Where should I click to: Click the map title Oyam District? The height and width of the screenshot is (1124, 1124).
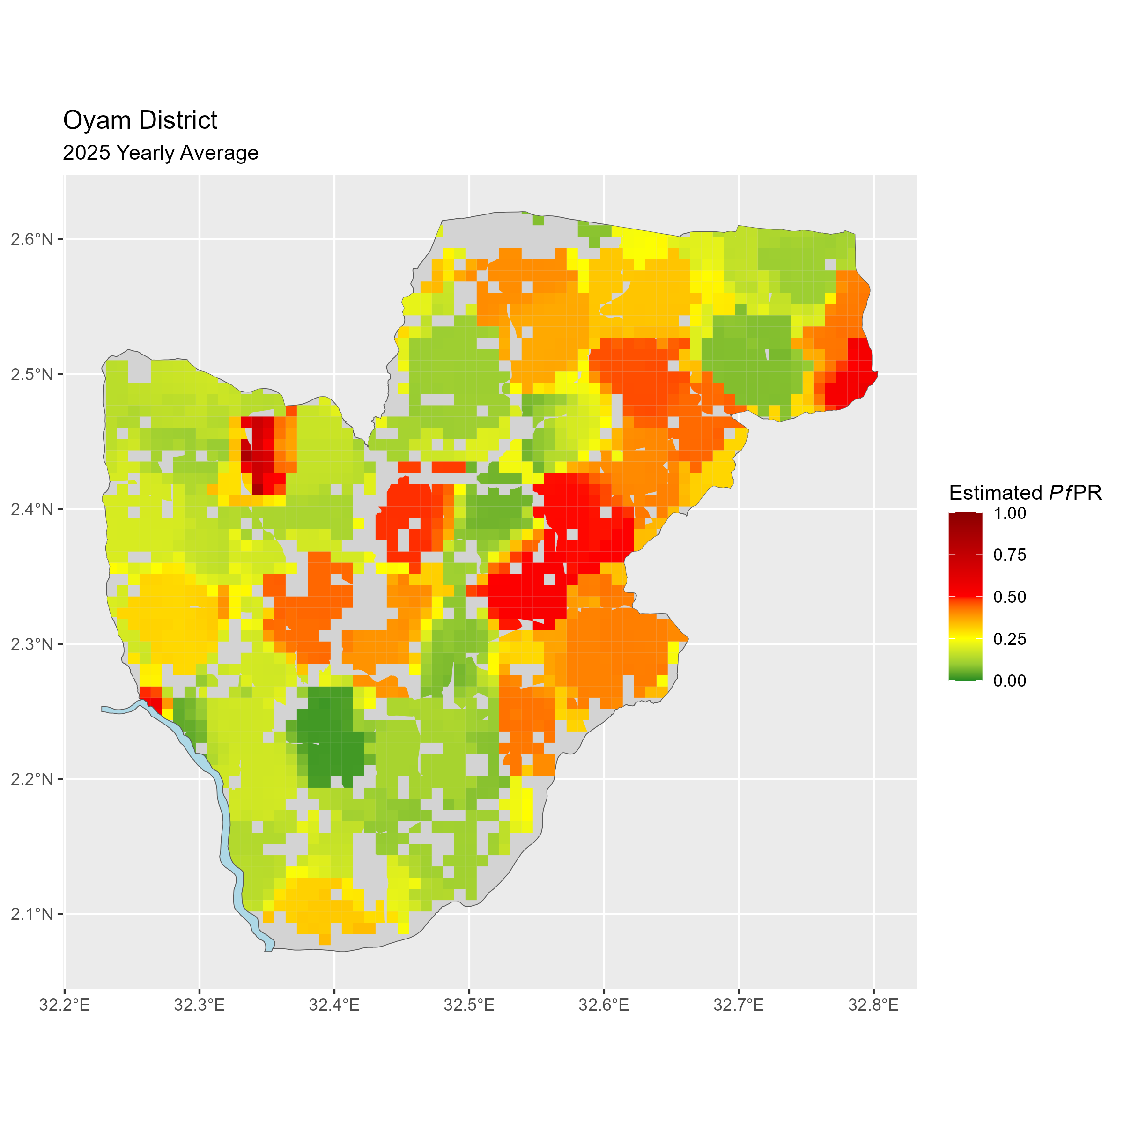(140, 120)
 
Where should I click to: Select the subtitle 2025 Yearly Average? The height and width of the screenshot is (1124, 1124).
(161, 153)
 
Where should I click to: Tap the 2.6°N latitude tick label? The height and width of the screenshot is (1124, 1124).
(32, 239)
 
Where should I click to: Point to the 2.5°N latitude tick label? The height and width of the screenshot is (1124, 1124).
(32, 374)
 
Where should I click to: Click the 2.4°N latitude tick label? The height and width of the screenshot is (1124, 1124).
(32, 509)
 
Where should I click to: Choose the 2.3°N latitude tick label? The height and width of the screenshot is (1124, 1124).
(32, 644)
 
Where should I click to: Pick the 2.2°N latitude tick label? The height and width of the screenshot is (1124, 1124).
(32, 779)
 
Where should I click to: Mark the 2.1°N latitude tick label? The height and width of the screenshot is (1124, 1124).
(32, 914)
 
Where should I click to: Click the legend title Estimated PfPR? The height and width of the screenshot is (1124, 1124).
(1025, 493)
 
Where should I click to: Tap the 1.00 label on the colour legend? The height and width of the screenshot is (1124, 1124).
(1009, 513)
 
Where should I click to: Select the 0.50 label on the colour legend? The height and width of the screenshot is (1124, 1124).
(1009, 597)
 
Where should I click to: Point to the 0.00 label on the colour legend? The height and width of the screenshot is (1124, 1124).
(1009, 680)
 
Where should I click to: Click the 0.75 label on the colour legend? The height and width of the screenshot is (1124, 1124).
(1009, 555)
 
